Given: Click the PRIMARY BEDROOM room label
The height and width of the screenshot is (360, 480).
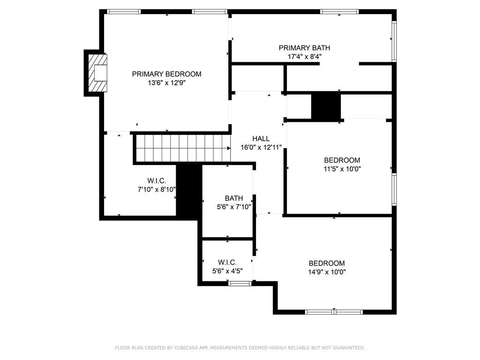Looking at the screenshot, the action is coord(166,74).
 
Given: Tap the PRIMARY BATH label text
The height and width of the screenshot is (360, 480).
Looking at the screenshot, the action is coord(304,48).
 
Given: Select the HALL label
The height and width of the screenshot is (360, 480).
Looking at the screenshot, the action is coord(261,139).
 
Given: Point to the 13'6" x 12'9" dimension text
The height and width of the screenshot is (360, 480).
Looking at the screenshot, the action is coord(167,82).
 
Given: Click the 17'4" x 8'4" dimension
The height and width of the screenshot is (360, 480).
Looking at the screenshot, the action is coord(304,57).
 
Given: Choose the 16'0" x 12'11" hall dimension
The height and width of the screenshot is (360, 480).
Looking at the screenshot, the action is coord(261,147).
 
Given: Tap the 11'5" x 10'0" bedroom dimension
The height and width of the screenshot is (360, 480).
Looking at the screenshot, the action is coord(342,169).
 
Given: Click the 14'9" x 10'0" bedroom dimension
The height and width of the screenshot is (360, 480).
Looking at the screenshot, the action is coord(327,272).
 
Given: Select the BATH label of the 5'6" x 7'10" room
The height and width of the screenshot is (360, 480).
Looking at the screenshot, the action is coord(234,198).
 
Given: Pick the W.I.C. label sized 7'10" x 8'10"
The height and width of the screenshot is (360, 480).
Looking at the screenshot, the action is coord(157,181).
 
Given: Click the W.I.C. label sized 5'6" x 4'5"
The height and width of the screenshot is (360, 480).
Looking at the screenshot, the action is coord(227,262).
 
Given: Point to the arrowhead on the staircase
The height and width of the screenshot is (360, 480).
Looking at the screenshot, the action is coord(229,148).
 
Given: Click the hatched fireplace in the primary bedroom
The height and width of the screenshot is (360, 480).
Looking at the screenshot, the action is coord(97,73).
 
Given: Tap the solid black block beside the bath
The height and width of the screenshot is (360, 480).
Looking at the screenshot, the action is coord(189,192).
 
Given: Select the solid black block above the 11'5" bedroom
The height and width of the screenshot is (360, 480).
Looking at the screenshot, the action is coord(326,106).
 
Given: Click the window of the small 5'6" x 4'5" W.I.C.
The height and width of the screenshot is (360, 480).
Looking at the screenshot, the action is coord(240,284).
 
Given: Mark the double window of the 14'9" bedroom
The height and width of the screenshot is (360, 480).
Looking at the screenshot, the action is coord(334,312).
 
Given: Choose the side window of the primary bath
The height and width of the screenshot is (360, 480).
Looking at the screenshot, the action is coord(394,41).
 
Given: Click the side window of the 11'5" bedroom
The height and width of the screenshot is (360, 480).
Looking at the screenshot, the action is coord(394,189).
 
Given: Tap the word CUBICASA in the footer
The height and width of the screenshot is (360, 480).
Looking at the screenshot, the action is coord(187,348).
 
